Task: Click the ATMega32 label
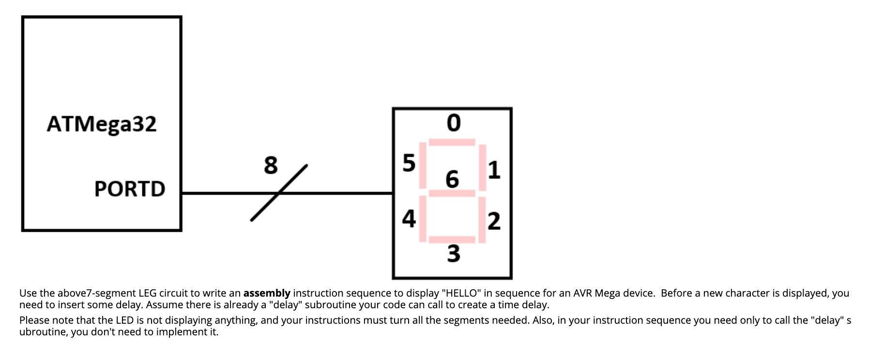click(102, 124)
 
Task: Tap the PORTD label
click(130, 189)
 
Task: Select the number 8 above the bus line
click(271, 165)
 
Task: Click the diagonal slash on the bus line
click(279, 193)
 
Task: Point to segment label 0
click(454, 123)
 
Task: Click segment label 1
click(494, 170)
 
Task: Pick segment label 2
click(494, 221)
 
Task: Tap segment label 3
click(454, 254)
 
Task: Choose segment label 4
click(409, 219)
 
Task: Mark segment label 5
click(409, 163)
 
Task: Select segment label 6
click(452, 180)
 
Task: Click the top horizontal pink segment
click(452, 142)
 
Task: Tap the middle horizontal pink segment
click(452, 194)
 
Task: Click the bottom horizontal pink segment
click(452, 240)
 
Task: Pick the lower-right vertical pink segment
click(482, 220)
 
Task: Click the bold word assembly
click(267, 293)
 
